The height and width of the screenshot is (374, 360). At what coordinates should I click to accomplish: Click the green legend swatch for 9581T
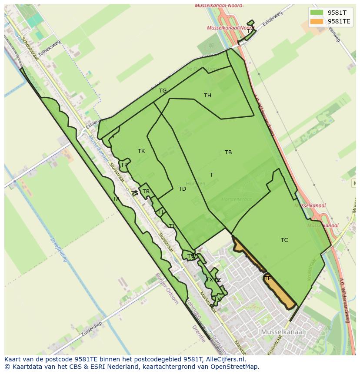317,13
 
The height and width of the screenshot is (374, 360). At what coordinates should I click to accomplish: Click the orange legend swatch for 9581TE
317,21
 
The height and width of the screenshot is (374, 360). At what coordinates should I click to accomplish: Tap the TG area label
163,91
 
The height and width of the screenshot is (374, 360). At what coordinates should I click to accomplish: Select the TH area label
207,96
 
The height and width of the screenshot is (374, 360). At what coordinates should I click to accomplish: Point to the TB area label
228,152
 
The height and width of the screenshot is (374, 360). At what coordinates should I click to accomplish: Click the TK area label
141,151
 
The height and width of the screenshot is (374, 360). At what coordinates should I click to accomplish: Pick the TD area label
182,189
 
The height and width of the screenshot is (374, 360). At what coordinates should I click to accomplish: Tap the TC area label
284,240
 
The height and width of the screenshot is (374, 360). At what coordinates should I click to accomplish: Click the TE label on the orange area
267,278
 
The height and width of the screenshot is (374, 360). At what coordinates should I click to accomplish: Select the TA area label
116,199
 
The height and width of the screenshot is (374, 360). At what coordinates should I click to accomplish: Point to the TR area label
146,192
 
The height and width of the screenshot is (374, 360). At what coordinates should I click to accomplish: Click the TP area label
124,165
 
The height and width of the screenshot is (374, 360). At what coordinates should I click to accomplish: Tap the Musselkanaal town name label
283,332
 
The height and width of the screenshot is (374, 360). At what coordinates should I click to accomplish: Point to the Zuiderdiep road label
91,330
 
